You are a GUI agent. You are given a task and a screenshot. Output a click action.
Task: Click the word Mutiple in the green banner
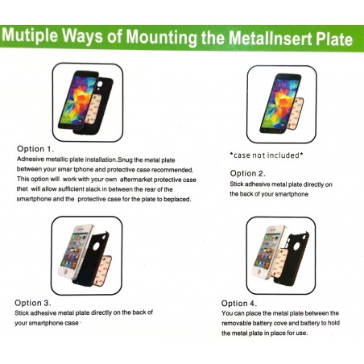(30, 35)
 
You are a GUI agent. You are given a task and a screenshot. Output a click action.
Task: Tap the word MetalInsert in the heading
(271, 38)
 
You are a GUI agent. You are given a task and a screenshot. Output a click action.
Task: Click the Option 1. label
(35, 149)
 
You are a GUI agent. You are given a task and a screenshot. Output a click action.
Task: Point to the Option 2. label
(247, 173)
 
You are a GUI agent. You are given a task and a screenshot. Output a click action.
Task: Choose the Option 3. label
(33, 303)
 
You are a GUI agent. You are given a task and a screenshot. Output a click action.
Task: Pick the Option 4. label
(239, 304)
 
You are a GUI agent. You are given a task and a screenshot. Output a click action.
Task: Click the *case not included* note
(267, 155)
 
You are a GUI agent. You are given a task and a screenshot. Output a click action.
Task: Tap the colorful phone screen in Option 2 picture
(279, 103)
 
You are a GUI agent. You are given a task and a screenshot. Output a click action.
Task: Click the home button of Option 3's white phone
(65, 271)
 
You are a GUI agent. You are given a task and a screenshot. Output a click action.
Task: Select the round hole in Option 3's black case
(96, 246)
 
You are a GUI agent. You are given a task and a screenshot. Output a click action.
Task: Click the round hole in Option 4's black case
(296, 246)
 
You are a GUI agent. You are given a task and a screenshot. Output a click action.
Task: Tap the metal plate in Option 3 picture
(103, 270)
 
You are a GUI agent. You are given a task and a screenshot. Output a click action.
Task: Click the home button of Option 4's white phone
(259, 271)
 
